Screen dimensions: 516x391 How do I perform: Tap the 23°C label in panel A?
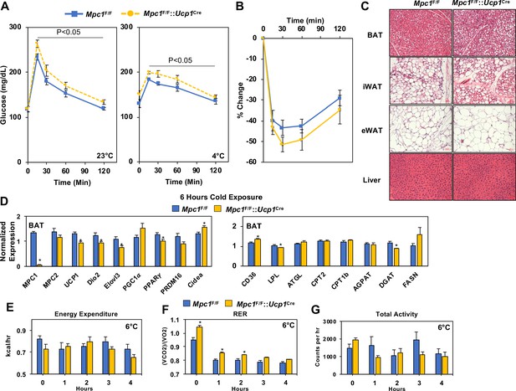105,156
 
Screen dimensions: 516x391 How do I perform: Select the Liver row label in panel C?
371,180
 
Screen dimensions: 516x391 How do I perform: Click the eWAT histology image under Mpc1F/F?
421,129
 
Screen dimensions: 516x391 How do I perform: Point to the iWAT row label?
372,87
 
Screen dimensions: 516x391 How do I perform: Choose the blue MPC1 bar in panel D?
33,249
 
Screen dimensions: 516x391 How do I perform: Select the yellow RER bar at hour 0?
200,351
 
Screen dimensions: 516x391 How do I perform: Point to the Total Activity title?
396,314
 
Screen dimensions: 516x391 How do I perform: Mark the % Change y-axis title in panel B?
240,100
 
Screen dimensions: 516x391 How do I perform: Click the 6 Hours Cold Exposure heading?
221,197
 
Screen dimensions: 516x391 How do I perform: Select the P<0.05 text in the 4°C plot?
181,60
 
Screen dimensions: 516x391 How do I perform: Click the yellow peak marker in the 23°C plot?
37,44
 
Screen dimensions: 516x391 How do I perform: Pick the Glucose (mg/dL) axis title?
4,96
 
